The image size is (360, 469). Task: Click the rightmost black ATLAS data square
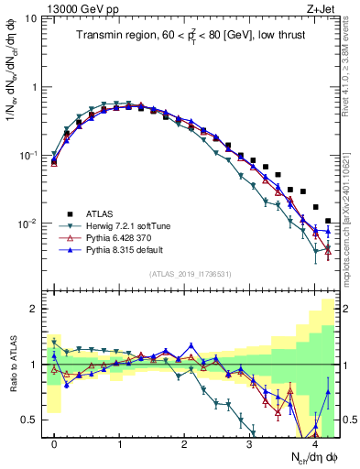coord(328,221)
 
